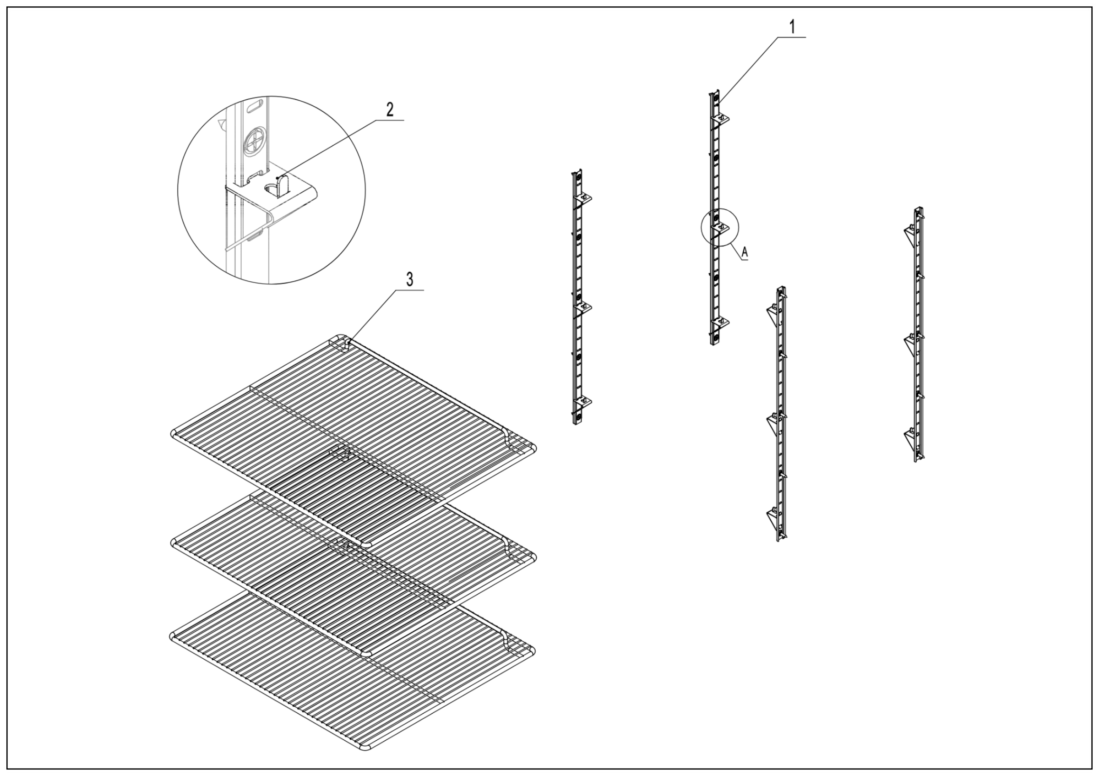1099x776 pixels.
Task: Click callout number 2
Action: click(390, 110)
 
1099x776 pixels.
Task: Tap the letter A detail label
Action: click(744, 251)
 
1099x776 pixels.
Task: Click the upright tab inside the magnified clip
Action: click(283, 184)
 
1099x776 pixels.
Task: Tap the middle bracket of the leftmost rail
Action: click(584, 307)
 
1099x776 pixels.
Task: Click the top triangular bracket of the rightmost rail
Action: click(910, 233)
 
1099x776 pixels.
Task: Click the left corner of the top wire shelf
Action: click(173, 434)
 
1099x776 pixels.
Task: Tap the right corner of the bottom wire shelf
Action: click(533, 651)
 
